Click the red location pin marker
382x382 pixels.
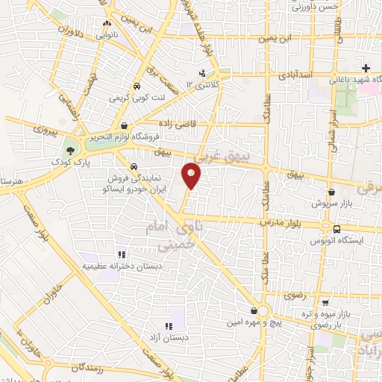pyautogui.click(x=192, y=175)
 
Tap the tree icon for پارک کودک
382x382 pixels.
pyautogui.click(x=70, y=151)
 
